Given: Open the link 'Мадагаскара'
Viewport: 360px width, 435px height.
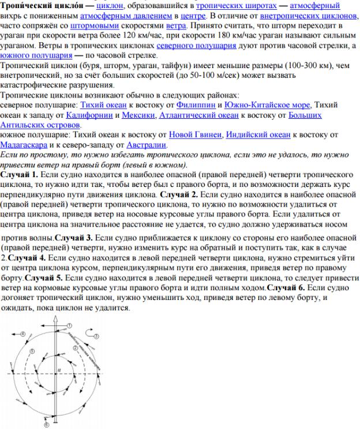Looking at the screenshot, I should point(24,144).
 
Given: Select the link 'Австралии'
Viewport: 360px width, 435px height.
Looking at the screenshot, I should point(146,144).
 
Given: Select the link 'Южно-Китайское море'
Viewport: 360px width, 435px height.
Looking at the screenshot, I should point(268,104).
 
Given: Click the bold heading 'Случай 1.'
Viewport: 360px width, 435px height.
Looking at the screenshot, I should point(20,174).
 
